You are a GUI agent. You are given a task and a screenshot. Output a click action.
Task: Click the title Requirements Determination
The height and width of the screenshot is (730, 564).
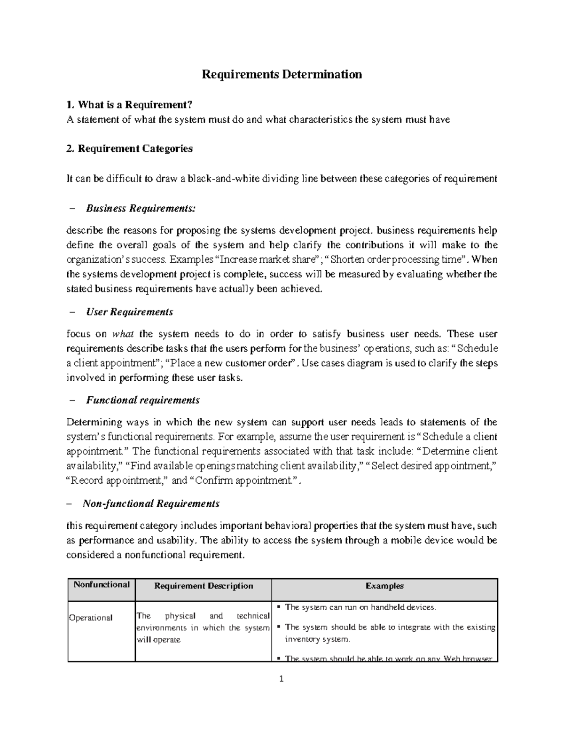click(x=282, y=74)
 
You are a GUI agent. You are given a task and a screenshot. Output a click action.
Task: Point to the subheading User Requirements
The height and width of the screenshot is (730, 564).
click(x=129, y=312)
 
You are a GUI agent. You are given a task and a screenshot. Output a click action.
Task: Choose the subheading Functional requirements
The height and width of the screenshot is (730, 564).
click(x=143, y=400)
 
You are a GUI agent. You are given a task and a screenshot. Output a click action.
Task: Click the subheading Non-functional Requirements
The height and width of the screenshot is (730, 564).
click(x=151, y=503)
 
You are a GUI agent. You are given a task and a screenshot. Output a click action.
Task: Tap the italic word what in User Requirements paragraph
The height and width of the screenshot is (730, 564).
click(x=123, y=334)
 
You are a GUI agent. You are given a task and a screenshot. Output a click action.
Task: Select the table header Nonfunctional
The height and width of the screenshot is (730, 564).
click(x=101, y=584)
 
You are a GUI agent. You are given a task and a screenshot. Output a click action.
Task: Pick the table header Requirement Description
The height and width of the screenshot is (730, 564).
click(x=204, y=586)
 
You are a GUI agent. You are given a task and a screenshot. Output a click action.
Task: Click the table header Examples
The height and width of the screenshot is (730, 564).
click(x=384, y=586)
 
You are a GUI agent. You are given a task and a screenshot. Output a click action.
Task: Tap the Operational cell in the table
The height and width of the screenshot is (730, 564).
click(x=91, y=618)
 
